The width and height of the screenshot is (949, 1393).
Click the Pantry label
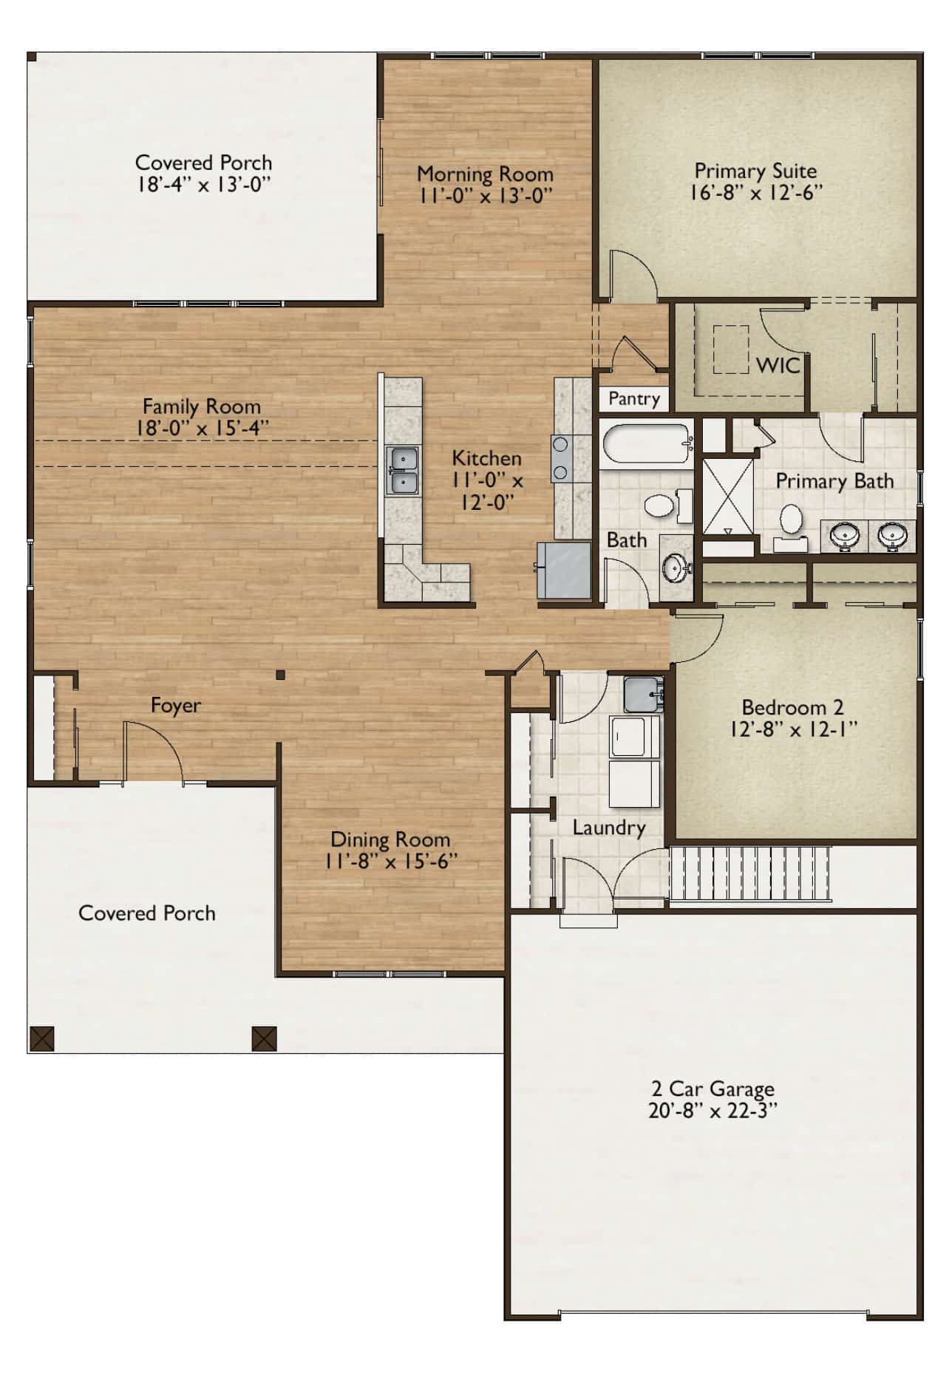point(633,399)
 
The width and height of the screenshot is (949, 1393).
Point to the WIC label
point(778,365)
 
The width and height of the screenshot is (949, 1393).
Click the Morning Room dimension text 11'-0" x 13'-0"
point(485,196)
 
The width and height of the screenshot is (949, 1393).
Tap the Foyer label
point(175,706)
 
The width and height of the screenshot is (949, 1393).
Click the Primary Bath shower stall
point(727,496)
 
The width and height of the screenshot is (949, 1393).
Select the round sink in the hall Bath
point(675,568)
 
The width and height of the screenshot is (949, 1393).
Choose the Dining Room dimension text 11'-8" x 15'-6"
point(390,861)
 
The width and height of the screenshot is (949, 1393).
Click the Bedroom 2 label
point(792,707)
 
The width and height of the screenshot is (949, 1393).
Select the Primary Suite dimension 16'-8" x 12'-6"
point(755,192)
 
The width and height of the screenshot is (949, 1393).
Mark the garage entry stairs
point(750,874)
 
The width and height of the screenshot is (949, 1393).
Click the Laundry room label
point(608,828)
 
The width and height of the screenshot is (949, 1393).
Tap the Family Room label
point(201,406)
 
